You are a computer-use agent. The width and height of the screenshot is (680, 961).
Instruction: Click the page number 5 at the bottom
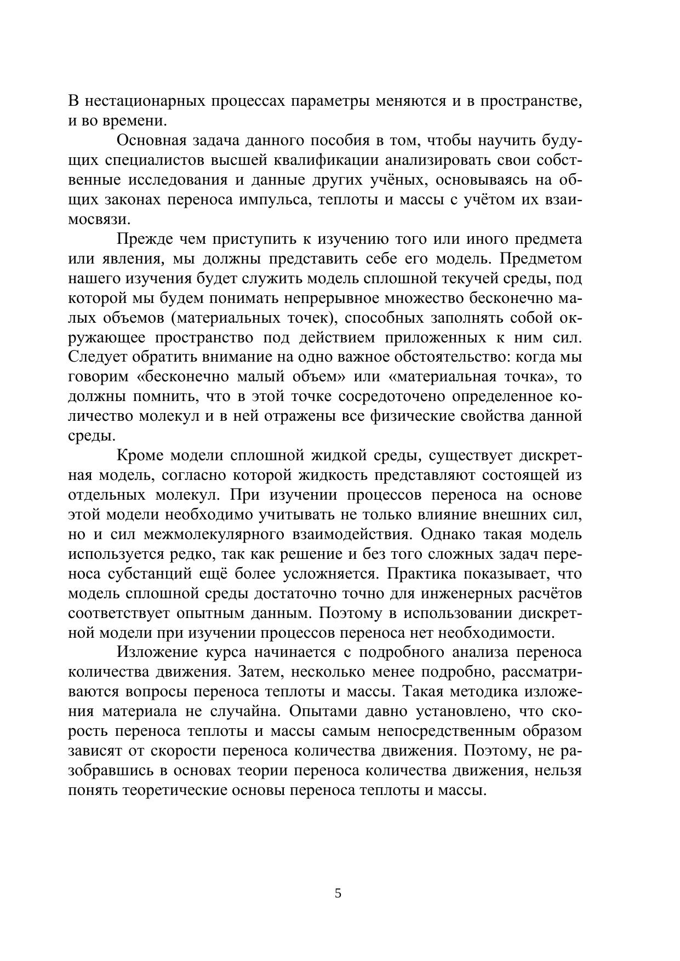338,894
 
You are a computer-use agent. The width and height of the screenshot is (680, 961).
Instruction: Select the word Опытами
321,712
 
